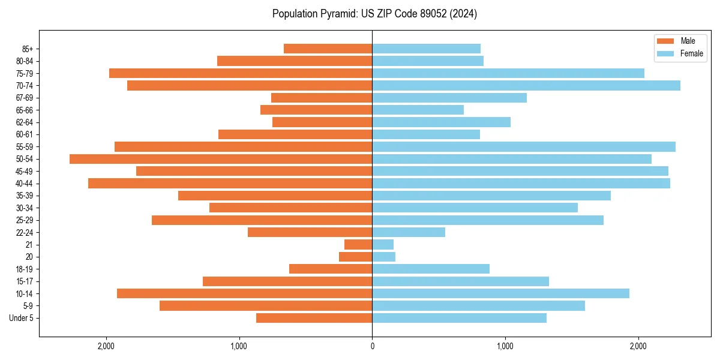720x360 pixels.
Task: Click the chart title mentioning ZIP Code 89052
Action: (374, 14)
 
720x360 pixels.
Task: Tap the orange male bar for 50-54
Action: (221, 159)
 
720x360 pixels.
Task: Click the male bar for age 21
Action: (358, 245)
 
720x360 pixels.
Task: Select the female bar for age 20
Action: (384, 257)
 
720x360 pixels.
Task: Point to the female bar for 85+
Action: (426, 49)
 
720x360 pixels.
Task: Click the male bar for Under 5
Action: (314, 318)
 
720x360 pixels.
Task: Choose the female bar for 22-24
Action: (409, 232)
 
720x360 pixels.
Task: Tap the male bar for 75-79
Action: (241, 73)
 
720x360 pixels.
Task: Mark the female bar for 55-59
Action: (524, 147)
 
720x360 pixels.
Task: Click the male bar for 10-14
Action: (244, 293)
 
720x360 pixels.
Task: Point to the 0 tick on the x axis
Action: (372, 346)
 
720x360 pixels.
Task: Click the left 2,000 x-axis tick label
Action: (106, 346)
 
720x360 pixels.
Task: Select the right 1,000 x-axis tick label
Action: (505, 346)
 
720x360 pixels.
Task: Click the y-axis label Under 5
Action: (21, 318)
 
